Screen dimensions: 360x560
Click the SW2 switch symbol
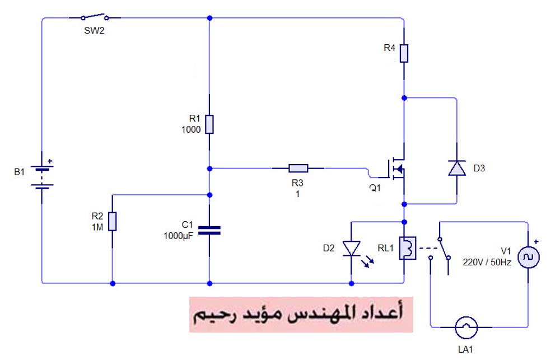coord(94,17)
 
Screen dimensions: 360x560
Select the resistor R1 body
coord(209,124)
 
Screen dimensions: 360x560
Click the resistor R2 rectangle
coord(113,221)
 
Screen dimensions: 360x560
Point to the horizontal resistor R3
coord(298,167)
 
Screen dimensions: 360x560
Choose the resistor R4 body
coord(404,53)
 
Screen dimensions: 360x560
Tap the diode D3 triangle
coord(457,168)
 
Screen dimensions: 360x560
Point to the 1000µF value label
coord(178,236)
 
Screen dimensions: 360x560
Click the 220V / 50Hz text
coord(486,261)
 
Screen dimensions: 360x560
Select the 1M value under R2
coord(96,227)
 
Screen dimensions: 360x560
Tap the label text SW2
coord(94,31)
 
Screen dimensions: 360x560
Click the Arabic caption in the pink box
coord(301,314)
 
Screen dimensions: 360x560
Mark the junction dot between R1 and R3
coord(209,167)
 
